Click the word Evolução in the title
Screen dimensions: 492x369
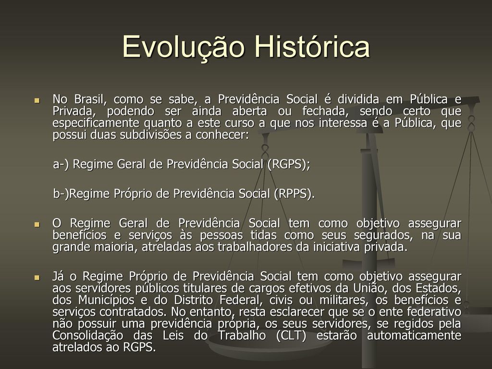183,48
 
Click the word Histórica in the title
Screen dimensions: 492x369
312,47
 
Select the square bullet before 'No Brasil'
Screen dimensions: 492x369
37,100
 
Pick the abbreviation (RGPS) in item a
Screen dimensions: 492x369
289,164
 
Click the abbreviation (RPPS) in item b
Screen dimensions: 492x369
294,194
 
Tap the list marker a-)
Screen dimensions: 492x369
61,164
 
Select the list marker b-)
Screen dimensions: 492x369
61,194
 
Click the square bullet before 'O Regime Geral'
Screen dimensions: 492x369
37,224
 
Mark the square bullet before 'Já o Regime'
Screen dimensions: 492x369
37,277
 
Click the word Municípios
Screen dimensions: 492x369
106,300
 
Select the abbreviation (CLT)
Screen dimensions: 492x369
291,335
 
